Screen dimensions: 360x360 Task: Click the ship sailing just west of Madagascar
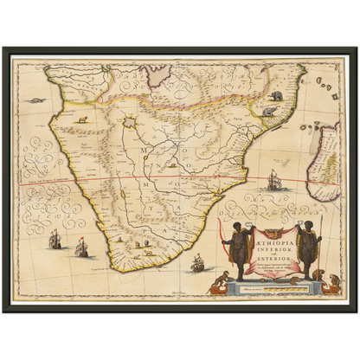coord(275,180)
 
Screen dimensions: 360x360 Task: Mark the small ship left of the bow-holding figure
coord(198,262)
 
